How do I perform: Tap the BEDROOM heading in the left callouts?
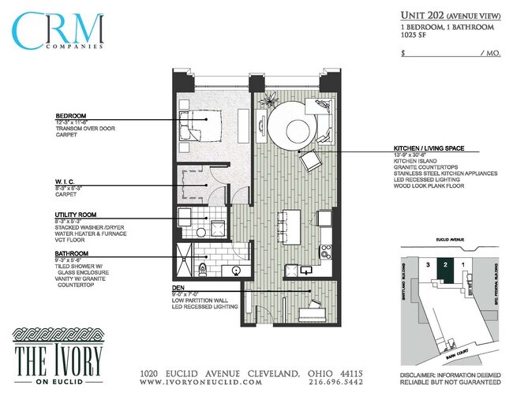71,115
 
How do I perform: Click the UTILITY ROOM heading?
76,215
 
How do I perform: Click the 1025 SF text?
414,36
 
